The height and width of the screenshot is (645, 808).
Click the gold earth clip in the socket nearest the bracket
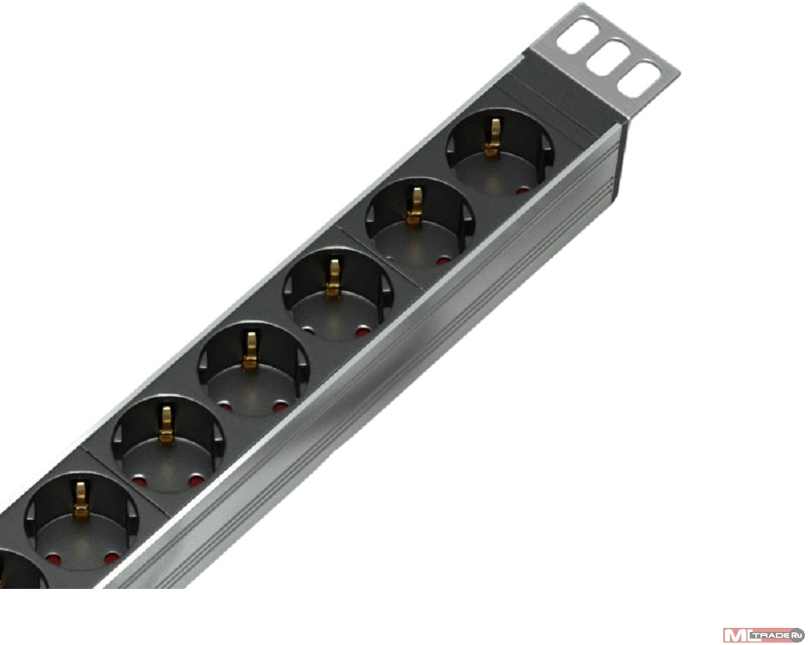493,137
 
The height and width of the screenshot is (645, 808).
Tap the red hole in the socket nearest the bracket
523,191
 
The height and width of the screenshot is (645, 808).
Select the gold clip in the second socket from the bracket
415,206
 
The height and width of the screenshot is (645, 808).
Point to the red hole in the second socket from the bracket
442,261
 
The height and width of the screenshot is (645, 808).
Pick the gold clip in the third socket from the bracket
333,279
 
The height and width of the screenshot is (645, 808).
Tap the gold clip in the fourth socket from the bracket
250,351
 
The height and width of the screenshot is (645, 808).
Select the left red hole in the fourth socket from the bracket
225,406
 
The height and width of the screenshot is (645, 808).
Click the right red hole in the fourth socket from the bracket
280,406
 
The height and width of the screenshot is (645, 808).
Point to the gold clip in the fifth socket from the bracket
166,426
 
